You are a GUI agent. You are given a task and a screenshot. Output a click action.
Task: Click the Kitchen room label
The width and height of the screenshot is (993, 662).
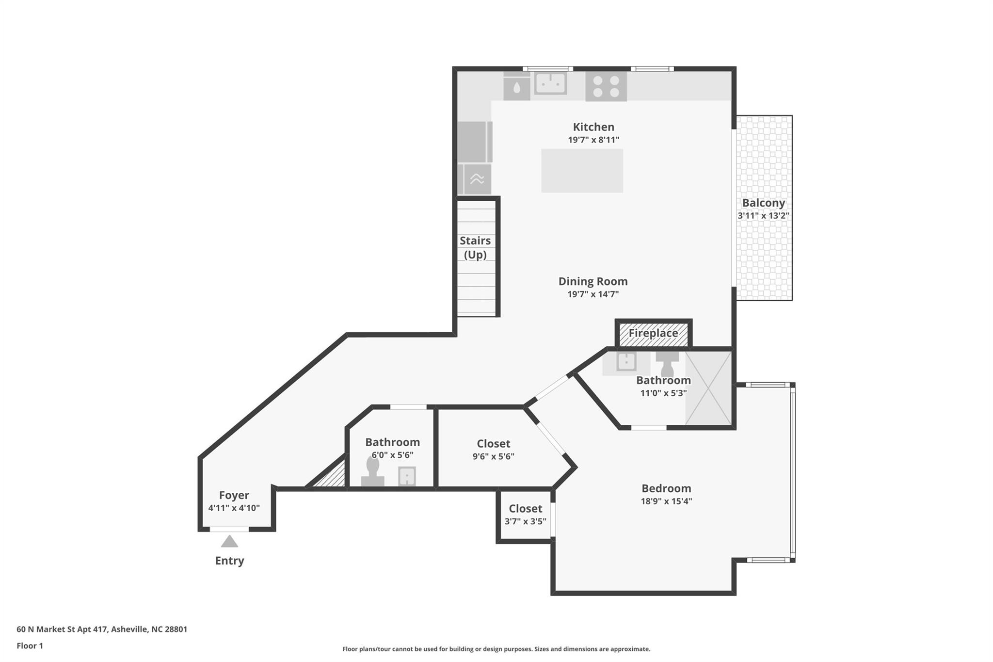coord(593,127)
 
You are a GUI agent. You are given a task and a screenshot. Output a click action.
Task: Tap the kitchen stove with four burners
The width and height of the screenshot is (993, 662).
coord(606,87)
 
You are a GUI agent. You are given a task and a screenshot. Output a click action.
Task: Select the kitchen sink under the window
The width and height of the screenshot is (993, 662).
coord(550,83)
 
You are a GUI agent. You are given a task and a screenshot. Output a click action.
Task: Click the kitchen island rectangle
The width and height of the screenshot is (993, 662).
coord(582,171)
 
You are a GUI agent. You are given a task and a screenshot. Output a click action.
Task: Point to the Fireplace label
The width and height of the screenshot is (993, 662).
coord(653,334)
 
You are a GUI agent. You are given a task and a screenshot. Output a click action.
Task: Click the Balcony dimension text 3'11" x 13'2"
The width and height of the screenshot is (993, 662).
coord(763,216)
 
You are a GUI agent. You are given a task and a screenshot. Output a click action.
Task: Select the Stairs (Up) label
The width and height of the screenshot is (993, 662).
coord(475,247)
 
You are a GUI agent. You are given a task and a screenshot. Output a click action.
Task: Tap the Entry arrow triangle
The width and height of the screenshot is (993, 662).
coord(229,541)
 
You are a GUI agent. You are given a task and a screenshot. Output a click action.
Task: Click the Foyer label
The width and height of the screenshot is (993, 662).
coord(234,495)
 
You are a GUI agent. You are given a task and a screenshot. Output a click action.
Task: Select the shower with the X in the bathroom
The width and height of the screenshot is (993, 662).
coord(708,388)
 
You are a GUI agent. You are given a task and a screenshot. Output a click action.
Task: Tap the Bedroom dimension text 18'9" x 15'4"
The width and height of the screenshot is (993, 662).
coord(666,501)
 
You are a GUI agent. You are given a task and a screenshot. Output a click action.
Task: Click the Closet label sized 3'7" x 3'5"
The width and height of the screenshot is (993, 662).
coord(525,509)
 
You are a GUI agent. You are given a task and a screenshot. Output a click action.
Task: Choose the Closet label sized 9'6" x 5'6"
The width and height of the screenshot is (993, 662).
coord(493,444)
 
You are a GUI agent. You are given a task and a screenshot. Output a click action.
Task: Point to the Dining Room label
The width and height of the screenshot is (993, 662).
coord(593,281)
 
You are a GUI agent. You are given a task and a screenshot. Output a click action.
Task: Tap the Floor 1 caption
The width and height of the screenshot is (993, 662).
coord(30,646)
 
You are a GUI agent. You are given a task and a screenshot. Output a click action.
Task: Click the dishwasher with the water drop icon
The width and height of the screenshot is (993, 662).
coord(516,88)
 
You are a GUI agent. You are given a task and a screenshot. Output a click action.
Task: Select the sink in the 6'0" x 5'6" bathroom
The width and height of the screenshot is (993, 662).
coord(407,476)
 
